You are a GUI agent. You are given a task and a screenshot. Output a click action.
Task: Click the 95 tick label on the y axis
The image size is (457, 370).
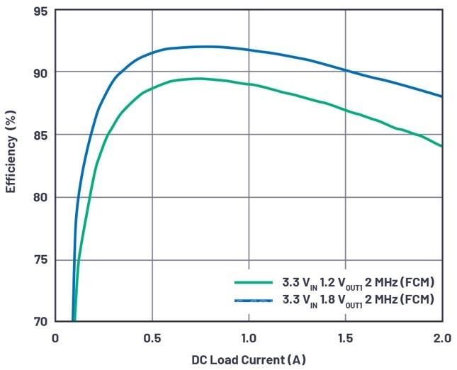(x=40, y=11)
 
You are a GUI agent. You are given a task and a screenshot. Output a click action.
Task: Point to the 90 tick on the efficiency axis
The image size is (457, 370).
(x=40, y=72)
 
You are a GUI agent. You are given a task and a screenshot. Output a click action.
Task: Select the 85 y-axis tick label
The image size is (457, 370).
(x=40, y=135)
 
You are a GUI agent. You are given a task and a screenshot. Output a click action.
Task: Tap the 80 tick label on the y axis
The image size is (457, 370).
(x=40, y=197)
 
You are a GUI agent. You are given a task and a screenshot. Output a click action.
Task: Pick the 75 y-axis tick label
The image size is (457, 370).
(x=40, y=259)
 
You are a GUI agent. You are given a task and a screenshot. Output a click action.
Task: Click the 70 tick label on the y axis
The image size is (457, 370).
(x=40, y=321)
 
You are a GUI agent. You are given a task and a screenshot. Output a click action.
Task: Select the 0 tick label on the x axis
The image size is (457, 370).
(x=55, y=337)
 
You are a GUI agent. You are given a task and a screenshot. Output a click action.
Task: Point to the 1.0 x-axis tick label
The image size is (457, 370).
(x=248, y=337)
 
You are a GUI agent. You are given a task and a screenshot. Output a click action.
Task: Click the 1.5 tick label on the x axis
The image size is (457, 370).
(x=346, y=337)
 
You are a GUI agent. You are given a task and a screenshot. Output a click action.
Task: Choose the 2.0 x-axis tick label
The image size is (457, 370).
(x=441, y=337)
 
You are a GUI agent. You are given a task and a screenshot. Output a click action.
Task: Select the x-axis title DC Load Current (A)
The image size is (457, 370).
(x=249, y=359)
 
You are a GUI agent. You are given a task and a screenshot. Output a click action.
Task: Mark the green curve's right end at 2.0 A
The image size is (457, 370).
(x=441, y=146)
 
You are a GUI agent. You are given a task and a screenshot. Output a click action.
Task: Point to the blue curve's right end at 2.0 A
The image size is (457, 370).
(x=441, y=96)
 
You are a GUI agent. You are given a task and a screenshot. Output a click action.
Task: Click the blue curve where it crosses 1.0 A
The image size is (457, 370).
(x=249, y=50)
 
